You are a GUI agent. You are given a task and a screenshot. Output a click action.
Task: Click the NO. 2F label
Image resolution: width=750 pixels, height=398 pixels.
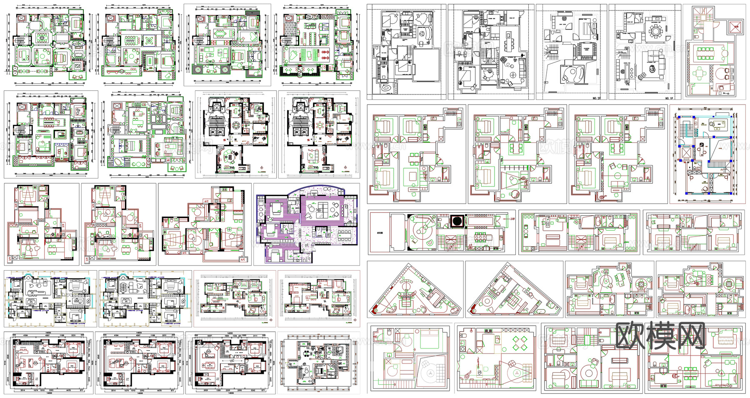(x=596, y=98)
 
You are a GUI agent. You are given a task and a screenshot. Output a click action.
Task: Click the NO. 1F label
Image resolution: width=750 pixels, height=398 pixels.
(x=669, y=98)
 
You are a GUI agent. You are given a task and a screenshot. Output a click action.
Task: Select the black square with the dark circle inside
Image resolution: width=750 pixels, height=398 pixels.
(x=456, y=221)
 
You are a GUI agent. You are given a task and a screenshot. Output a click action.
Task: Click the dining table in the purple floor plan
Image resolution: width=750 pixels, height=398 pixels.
(x=344, y=235)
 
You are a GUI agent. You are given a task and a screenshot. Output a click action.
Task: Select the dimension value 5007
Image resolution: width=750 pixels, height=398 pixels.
(x=210, y=336)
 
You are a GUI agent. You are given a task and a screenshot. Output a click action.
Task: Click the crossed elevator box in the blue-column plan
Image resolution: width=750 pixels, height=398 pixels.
(x=685, y=154)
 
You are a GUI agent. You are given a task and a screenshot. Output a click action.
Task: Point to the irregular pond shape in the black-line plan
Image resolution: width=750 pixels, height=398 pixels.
(x=387, y=89)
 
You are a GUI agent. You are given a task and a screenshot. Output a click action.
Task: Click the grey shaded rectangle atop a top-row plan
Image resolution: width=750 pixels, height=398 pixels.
(x=252, y=13)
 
